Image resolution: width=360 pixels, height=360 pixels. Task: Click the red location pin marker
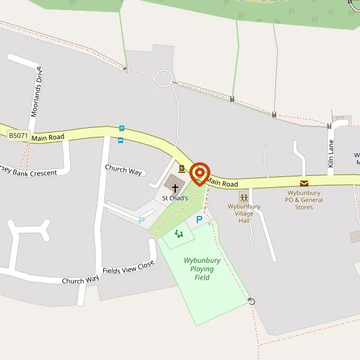pos(200,173)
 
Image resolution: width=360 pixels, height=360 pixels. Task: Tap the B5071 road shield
pos(19,136)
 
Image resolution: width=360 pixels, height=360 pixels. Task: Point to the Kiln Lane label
pos(331,153)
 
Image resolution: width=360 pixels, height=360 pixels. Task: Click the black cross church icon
pos(175,188)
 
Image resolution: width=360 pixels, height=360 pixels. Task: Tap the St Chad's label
pos(175,198)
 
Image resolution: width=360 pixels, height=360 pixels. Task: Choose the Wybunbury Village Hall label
pos(244,214)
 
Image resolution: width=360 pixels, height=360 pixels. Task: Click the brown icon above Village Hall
pos(244,197)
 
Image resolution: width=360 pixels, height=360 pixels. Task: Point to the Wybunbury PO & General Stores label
pos(304,200)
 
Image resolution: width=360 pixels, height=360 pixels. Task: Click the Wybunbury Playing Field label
pos(202,269)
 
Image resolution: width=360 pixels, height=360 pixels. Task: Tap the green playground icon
pos(178,233)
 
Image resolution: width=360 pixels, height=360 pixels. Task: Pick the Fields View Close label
pos(128,267)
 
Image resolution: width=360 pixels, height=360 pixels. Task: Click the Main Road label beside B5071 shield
pos(48,137)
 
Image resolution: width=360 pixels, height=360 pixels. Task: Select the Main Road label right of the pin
pos(223,182)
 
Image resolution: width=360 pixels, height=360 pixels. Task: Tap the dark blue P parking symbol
pos(199,220)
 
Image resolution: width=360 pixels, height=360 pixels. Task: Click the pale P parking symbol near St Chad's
pos(142,221)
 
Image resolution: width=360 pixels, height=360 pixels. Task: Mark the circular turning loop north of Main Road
pos(163,78)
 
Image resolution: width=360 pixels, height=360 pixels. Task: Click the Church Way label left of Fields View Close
pos(80,280)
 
